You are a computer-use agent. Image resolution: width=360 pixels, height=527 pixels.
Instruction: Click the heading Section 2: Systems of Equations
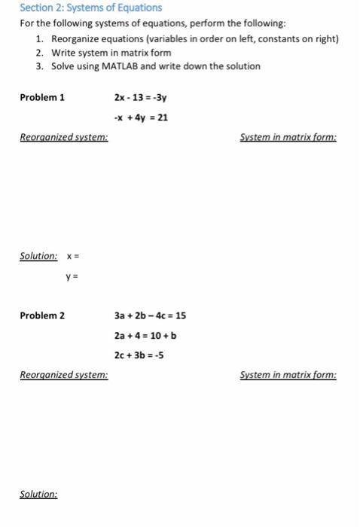tap(90, 8)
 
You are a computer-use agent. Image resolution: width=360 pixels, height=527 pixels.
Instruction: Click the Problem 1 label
tap(42, 97)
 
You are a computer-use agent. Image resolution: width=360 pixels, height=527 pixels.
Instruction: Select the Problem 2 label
tap(42, 315)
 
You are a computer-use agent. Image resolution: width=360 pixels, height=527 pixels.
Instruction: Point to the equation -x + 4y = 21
tap(141, 117)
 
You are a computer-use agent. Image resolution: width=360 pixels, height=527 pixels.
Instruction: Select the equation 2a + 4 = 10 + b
tap(145, 335)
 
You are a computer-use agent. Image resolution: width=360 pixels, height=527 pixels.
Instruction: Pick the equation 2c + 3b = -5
tap(139, 355)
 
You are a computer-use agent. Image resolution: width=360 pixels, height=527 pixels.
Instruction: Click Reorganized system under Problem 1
tap(63, 138)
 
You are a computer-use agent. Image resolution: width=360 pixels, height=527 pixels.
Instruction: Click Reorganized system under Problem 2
tap(63, 374)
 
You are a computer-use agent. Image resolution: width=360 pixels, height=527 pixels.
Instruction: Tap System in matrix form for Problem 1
tap(288, 138)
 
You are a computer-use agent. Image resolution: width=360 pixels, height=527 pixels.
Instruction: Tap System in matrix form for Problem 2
tap(288, 374)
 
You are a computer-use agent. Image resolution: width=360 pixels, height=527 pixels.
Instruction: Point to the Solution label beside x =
tap(38, 256)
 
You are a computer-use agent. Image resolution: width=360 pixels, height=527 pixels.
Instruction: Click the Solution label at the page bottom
tap(38, 495)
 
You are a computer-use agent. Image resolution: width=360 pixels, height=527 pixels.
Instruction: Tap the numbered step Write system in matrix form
tap(111, 53)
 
